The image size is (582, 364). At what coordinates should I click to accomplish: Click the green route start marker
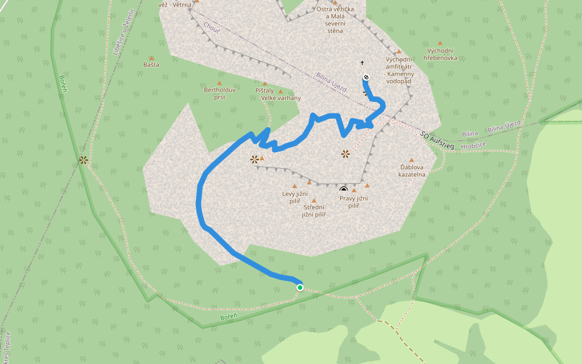click(x=300, y=288)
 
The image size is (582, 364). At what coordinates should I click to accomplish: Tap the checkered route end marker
click(x=366, y=77)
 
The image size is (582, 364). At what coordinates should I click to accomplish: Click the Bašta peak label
click(x=151, y=64)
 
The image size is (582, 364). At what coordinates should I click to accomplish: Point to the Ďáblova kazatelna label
click(x=412, y=170)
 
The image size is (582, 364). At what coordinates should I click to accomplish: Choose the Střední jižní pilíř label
click(x=314, y=211)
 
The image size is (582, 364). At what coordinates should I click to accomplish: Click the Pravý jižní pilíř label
click(x=354, y=201)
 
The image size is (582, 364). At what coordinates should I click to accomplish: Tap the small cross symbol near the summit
click(x=363, y=63)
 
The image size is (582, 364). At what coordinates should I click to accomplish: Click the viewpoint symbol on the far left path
click(x=83, y=161)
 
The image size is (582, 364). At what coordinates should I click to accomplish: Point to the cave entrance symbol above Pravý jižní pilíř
click(x=344, y=190)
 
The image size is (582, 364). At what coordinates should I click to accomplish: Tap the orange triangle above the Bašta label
click(x=151, y=58)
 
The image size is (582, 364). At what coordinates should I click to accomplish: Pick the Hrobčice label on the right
click(x=473, y=146)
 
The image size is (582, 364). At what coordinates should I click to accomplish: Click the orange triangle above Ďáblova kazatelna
click(x=412, y=160)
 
